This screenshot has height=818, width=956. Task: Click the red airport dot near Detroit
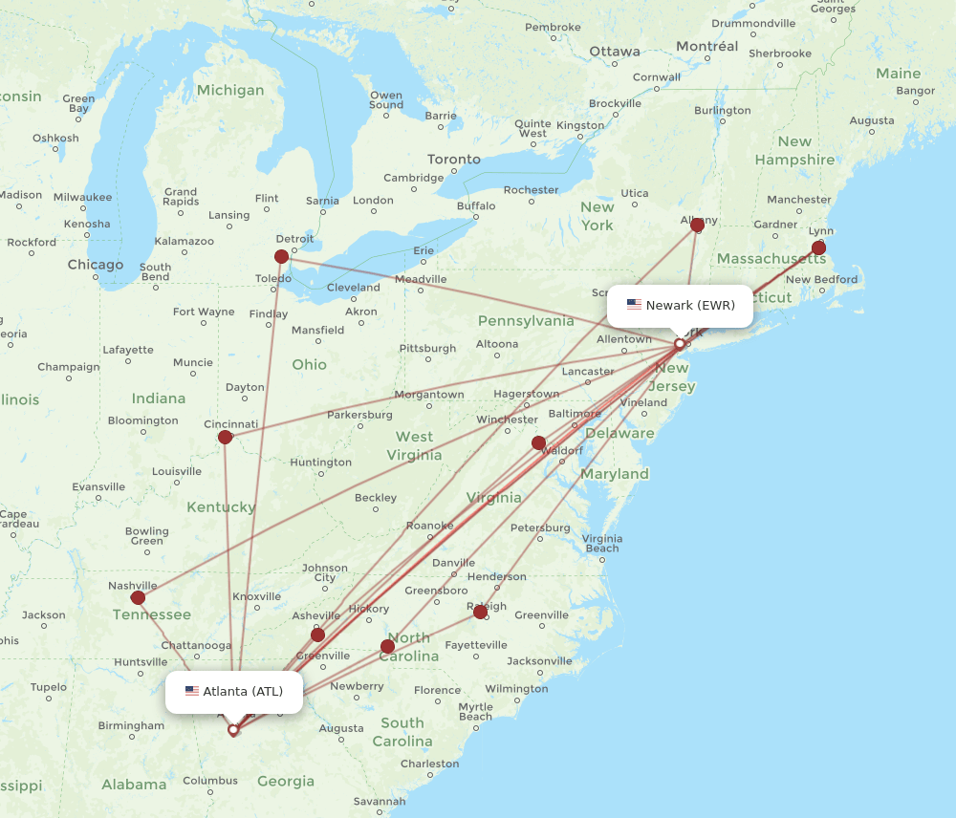coord(281,256)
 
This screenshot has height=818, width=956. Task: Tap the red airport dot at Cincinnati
coord(225,437)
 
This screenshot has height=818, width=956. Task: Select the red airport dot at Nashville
coord(138,597)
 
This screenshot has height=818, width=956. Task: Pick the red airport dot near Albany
coord(697,225)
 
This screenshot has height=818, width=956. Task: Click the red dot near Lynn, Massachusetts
coord(818,248)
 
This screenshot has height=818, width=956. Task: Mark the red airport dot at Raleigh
coord(480,612)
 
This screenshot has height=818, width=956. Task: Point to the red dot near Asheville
coord(317,635)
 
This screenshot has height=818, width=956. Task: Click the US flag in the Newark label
coord(634,305)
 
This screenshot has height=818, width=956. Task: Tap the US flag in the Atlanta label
coord(192,691)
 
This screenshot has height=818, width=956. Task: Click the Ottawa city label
coord(615,52)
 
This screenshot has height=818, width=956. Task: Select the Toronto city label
coord(454,160)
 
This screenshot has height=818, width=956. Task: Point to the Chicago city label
coord(95,265)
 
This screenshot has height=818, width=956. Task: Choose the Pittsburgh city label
coord(427,349)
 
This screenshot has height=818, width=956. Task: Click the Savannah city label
coord(379,802)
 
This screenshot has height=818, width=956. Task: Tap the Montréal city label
coord(706,46)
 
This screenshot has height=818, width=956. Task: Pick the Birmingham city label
coord(131,725)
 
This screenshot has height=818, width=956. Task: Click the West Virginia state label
coord(414,445)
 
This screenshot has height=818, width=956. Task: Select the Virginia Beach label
coord(601,543)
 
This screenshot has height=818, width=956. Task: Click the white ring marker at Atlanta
coord(232,729)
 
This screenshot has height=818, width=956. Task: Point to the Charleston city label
coord(429,764)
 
